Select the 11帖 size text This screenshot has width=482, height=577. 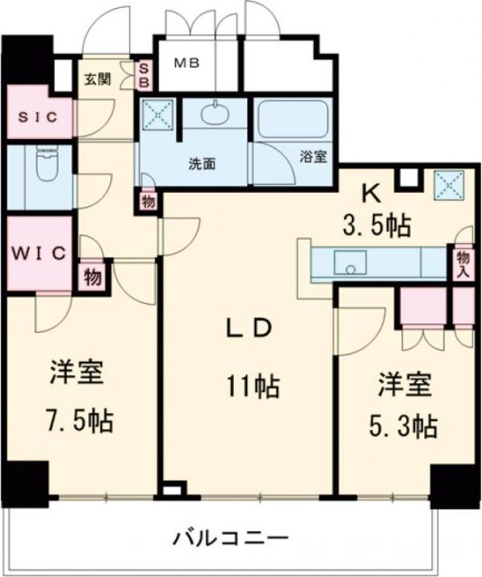click(x=253, y=389)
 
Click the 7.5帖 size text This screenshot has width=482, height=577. click(x=78, y=420)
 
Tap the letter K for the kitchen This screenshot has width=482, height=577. click(x=370, y=191)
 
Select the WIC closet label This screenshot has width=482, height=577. click(x=39, y=252)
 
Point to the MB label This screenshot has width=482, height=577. click(x=187, y=63)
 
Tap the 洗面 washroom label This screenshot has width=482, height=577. click(x=201, y=164)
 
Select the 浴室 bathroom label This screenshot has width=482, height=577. click(x=313, y=156)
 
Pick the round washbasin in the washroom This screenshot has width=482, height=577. click(x=215, y=114)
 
